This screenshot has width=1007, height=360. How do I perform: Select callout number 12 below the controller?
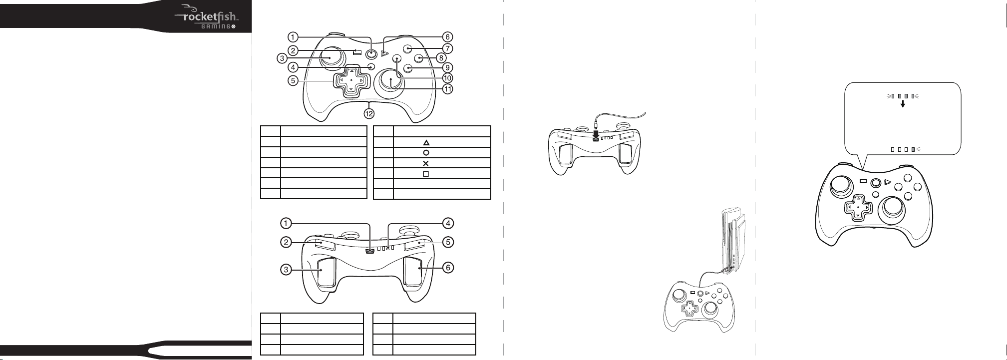tap(369, 114)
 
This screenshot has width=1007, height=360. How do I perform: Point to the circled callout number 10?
tap(447, 78)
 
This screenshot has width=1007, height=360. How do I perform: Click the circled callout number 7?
tap(447, 48)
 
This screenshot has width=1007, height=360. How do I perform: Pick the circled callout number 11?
tap(447, 89)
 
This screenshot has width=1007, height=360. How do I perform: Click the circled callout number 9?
tap(447, 67)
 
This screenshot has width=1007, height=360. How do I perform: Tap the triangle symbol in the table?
tap(426, 142)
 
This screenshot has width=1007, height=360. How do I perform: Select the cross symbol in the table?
tap(426, 163)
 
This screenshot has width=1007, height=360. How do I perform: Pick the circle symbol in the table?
tap(426, 153)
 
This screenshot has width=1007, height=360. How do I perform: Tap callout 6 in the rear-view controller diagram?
tap(448, 268)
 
